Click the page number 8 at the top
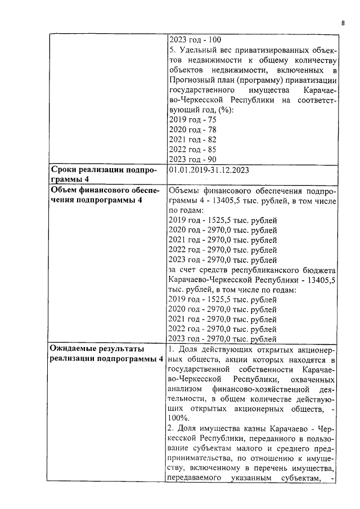pyautogui.click(x=343, y=23)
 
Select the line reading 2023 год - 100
pyautogui.click(x=194, y=40)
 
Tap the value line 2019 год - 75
pyautogui.click(x=192, y=119)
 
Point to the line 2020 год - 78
pyautogui.click(x=192, y=129)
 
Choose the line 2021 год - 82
pyautogui.click(x=192, y=139)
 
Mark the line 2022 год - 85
pyautogui.click(x=192, y=150)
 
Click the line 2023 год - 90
pyautogui.click(x=192, y=160)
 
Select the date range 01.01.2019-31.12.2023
pyautogui.click(x=209, y=170)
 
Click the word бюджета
pyautogui.click(x=319, y=270)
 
